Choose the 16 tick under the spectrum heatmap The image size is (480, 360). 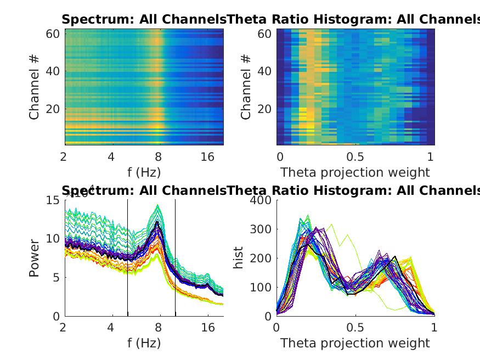[207, 157]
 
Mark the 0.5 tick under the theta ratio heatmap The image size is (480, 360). [355, 157]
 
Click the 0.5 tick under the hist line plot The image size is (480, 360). [355, 328]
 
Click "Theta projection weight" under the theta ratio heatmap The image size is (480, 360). [355, 172]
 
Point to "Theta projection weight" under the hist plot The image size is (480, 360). [355, 344]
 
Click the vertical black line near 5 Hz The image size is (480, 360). [127, 258]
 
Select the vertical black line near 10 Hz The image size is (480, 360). [176, 258]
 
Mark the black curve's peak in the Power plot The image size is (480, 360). [157, 222]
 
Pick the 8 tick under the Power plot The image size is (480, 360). [159, 328]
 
